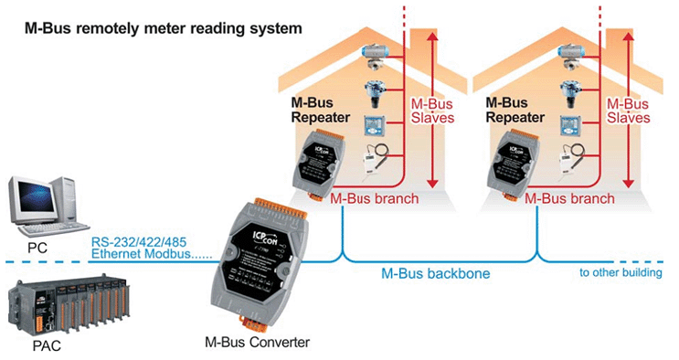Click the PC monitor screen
tap(36, 198)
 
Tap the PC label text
tap(37, 249)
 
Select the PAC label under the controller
tap(47, 346)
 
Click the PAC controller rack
tap(69, 305)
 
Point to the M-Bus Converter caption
tap(257, 343)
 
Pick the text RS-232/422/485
tap(139, 242)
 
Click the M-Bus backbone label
tap(435, 273)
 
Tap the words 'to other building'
tap(621, 272)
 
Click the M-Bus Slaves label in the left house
tap(432, 111)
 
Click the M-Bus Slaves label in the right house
tap(628, 111)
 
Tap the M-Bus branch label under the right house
tap(569, 199)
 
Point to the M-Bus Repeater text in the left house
tap(321, 110)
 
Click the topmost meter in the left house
tap(374, 58)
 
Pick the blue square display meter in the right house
tap(569, 125)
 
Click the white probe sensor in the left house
tap(374, 159)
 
